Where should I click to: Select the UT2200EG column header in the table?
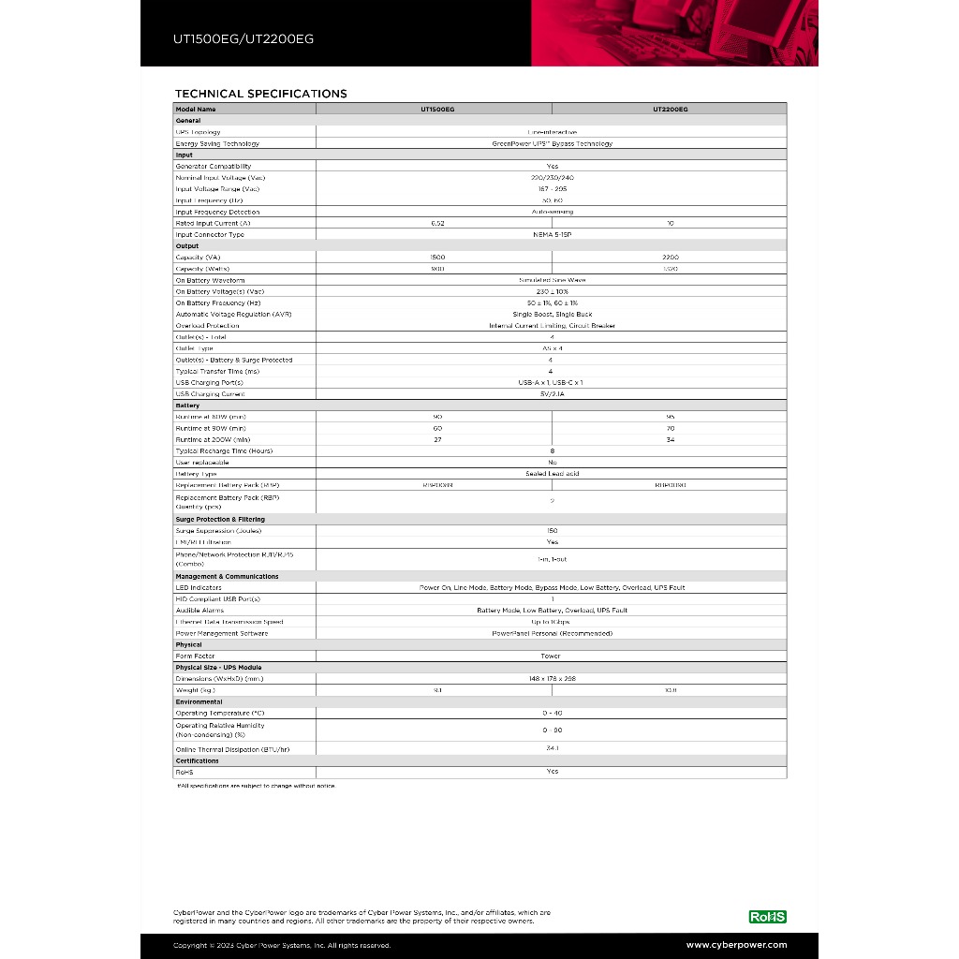(670, 110)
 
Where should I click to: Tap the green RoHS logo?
(768, 917)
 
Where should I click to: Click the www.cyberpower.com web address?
(736, 945)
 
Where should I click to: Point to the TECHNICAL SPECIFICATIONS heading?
(260, 94)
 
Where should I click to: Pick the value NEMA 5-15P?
(552, 235)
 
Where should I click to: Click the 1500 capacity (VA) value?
(437, 258)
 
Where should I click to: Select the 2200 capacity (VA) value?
(670, 258)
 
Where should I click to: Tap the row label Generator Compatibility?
(214, 167)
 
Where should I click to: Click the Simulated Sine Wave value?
(552, 280)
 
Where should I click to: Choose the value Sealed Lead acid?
(552, 474)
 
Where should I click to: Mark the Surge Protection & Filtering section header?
(220, 519)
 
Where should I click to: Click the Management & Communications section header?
(227, 577)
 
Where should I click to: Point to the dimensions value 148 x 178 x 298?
(552, 679)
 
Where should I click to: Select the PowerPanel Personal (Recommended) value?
(552, 633)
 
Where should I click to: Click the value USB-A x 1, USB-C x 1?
(552, 383)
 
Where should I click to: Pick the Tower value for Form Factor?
(552, 657)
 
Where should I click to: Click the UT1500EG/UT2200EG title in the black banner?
(243, 40)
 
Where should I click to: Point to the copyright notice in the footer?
(282, 946)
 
